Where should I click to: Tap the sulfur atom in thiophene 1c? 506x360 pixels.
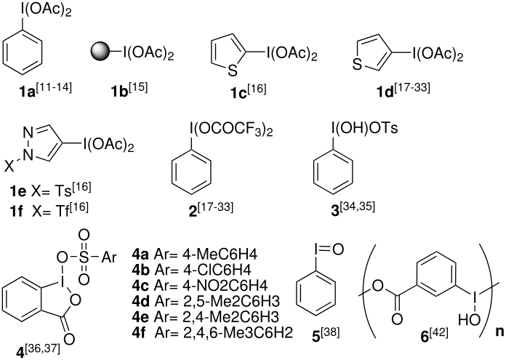(x=232, y=71)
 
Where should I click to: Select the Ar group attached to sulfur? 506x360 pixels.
(x=108, y=257)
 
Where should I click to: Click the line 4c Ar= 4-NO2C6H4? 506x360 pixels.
(x=199, y=285)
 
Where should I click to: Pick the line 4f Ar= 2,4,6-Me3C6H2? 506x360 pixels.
(x=212, y=332)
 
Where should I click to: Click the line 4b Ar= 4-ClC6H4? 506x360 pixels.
(x=191, y=270)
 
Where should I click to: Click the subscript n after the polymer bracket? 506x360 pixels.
(x=499, y=332)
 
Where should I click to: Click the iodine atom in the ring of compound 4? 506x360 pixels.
(x=60, y=283)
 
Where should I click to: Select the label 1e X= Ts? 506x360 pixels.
(x=50, y=190)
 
